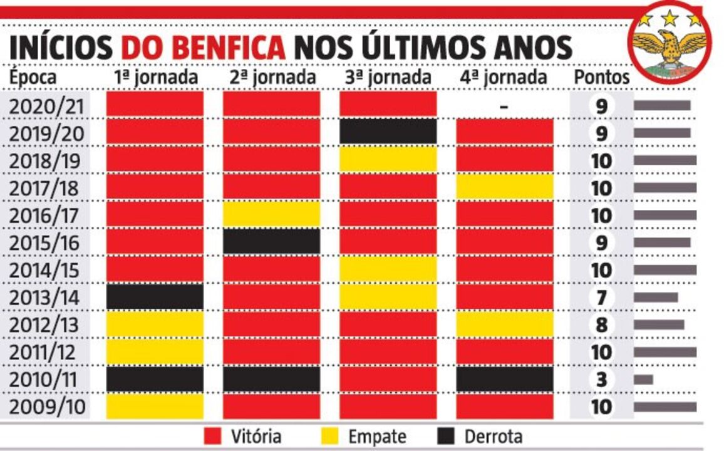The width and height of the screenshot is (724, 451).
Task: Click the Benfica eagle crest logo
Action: [x=670, y=42]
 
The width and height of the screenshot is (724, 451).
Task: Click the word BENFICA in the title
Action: [x=203, y=48]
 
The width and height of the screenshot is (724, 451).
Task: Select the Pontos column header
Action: [x=602, y=78]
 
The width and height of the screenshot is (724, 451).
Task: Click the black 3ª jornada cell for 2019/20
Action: [x=388, y=132]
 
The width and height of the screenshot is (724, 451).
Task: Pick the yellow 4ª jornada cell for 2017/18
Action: [x=504, y=187]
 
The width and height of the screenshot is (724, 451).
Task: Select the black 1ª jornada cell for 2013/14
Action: [x=155, y=297]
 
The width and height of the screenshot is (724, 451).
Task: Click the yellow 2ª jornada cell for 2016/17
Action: [x=271, y=214]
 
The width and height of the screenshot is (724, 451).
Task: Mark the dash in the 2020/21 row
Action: [x=504, y=106]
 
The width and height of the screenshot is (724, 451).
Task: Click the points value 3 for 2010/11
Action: [x=602, y=380]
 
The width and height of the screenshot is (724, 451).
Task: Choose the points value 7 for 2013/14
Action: [x=602, y=297]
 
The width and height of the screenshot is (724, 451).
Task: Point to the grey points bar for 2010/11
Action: [x=643, y=380]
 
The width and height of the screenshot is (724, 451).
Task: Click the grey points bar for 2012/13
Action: [x=658, y=324]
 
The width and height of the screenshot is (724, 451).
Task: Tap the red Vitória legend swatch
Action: [x=214, y=436]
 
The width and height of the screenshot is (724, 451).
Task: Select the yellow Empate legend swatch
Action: [x=332, y=436]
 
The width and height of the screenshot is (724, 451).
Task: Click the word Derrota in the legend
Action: [x=493, y=436]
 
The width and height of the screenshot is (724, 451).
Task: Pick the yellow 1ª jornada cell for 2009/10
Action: [x=155, y=407]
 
